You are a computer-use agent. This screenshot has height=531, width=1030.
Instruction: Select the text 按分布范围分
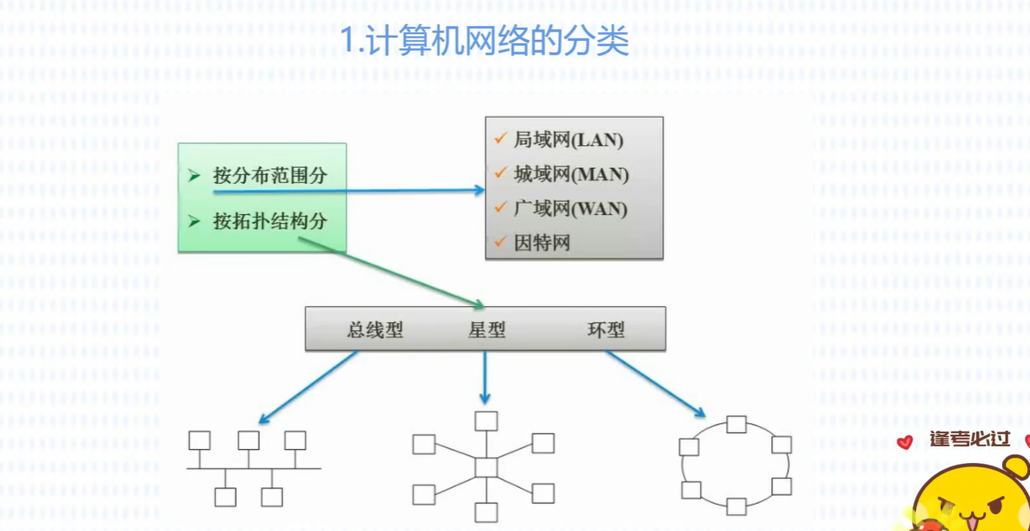point(270,176)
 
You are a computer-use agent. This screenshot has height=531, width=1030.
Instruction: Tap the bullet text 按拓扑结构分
point(270,222)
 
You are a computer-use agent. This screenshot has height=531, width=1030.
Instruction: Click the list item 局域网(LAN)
point(568,140)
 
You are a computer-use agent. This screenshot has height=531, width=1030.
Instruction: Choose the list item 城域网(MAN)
point(571,175)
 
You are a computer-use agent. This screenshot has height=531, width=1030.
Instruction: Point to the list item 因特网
point(542,244)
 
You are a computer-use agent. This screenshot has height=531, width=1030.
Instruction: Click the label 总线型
point(375,331)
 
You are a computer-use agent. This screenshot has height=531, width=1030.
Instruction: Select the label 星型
point(486,331)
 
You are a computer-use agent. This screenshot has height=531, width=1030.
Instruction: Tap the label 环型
point(606,331)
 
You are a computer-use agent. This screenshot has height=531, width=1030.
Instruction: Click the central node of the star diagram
point(486,468)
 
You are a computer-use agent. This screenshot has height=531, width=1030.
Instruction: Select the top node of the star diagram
point(486,421)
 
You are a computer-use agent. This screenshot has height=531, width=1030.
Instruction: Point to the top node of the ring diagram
point(736,425)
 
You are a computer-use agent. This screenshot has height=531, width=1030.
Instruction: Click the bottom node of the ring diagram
point(736,506)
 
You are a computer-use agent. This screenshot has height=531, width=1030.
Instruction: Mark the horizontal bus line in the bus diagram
point(254,469)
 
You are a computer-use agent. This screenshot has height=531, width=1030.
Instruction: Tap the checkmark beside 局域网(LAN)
point(500,139)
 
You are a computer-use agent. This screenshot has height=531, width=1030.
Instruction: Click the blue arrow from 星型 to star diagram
point(485,378)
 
